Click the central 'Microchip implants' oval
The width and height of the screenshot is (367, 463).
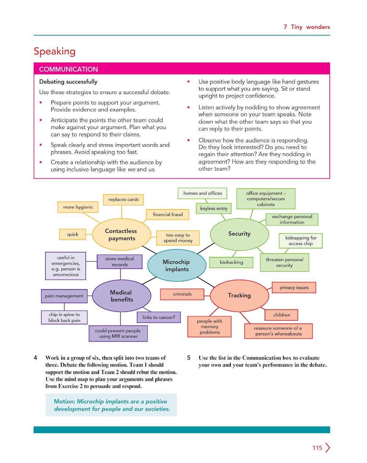click(177, 266)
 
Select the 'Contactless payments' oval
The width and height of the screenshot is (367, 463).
click(121, 235)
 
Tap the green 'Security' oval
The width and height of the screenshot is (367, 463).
click(239, 234)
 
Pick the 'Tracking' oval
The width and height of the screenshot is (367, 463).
click(239, 296)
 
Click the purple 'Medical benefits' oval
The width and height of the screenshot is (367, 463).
click(121, 296)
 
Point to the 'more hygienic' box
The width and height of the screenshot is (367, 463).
click(78, 207)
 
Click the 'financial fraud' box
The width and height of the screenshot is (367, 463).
click(168, 214)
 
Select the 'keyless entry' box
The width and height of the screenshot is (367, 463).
click(214, 208)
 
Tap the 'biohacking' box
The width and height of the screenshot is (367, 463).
click(231, 262)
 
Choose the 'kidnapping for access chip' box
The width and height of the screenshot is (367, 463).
click(301, 241)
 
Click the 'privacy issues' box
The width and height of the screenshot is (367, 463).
click(294, 288)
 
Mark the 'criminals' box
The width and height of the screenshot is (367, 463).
click(182, 294)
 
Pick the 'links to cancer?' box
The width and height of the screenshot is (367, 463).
click(159, 317)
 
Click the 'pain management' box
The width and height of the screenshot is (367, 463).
click(64, 296)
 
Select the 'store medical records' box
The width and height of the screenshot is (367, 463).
click(120, 261)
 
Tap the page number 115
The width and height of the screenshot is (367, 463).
click(317, 448)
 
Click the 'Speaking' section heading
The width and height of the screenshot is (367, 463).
click(55, 51)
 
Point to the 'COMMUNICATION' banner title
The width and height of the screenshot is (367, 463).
click(69, 70)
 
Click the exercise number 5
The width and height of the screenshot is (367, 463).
click(189, 358)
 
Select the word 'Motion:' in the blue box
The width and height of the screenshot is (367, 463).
click(65, 402)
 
